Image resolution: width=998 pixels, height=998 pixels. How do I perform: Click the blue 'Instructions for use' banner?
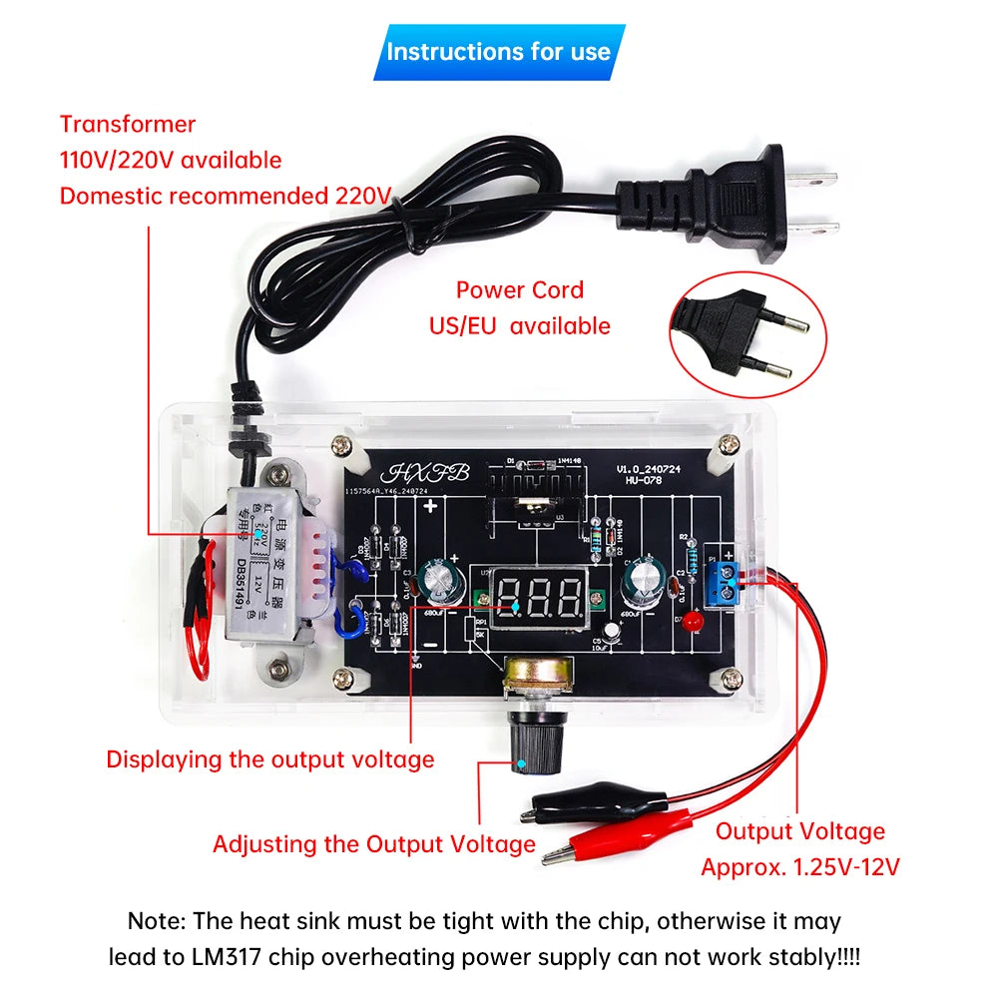499,52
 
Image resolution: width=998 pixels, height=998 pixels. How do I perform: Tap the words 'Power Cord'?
520,290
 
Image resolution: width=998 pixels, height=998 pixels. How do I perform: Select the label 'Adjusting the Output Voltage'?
374,844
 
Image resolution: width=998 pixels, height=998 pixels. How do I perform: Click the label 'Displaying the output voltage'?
270,758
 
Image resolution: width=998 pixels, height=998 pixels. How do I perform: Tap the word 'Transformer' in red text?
128,125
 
